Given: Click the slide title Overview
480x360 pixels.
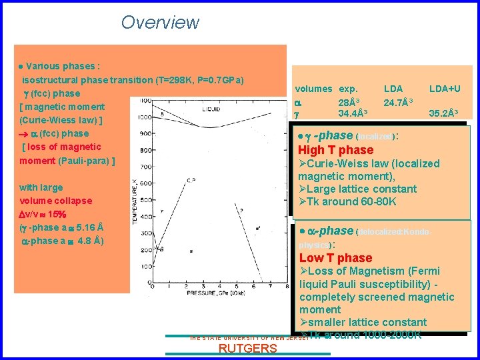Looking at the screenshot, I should point(160,22).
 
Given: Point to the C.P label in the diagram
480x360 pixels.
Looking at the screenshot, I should point(190,180).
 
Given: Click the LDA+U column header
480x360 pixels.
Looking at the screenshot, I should point(445,89).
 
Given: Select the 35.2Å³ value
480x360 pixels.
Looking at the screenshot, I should point(445,113).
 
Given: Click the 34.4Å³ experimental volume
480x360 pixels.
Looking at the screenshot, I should point(353,113).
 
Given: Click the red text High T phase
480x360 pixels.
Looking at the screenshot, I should point(335,150).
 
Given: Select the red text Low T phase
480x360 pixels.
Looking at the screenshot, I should point(335,258).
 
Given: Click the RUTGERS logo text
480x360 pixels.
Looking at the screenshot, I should point(247,349).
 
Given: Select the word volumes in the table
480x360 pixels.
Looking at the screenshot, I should point(313,89).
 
